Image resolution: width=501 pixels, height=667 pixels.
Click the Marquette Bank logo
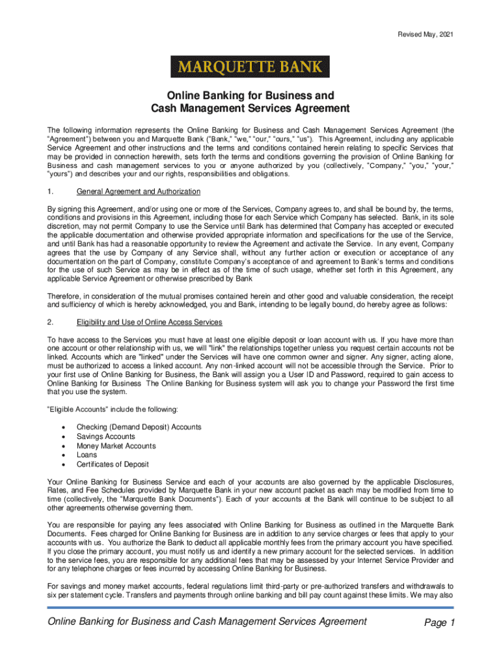251,67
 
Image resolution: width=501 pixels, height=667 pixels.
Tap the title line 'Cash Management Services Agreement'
251,108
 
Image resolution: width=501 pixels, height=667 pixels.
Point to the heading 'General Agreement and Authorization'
139,192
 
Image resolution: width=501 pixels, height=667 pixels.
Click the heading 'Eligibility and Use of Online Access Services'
150,322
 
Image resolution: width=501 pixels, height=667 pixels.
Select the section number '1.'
52,192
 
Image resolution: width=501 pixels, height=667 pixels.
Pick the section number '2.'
52,322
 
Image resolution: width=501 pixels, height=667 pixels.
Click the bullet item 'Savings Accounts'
106,436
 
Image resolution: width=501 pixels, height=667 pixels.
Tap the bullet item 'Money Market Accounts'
116,446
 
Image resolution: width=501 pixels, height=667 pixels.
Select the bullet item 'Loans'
87,455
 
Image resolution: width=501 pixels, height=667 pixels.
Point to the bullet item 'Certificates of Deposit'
113,464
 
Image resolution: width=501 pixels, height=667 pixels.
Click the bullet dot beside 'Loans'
62,455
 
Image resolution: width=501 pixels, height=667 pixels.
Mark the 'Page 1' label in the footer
439,623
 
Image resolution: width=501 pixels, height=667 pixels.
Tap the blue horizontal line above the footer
251,608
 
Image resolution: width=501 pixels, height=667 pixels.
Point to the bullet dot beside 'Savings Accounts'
62,436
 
